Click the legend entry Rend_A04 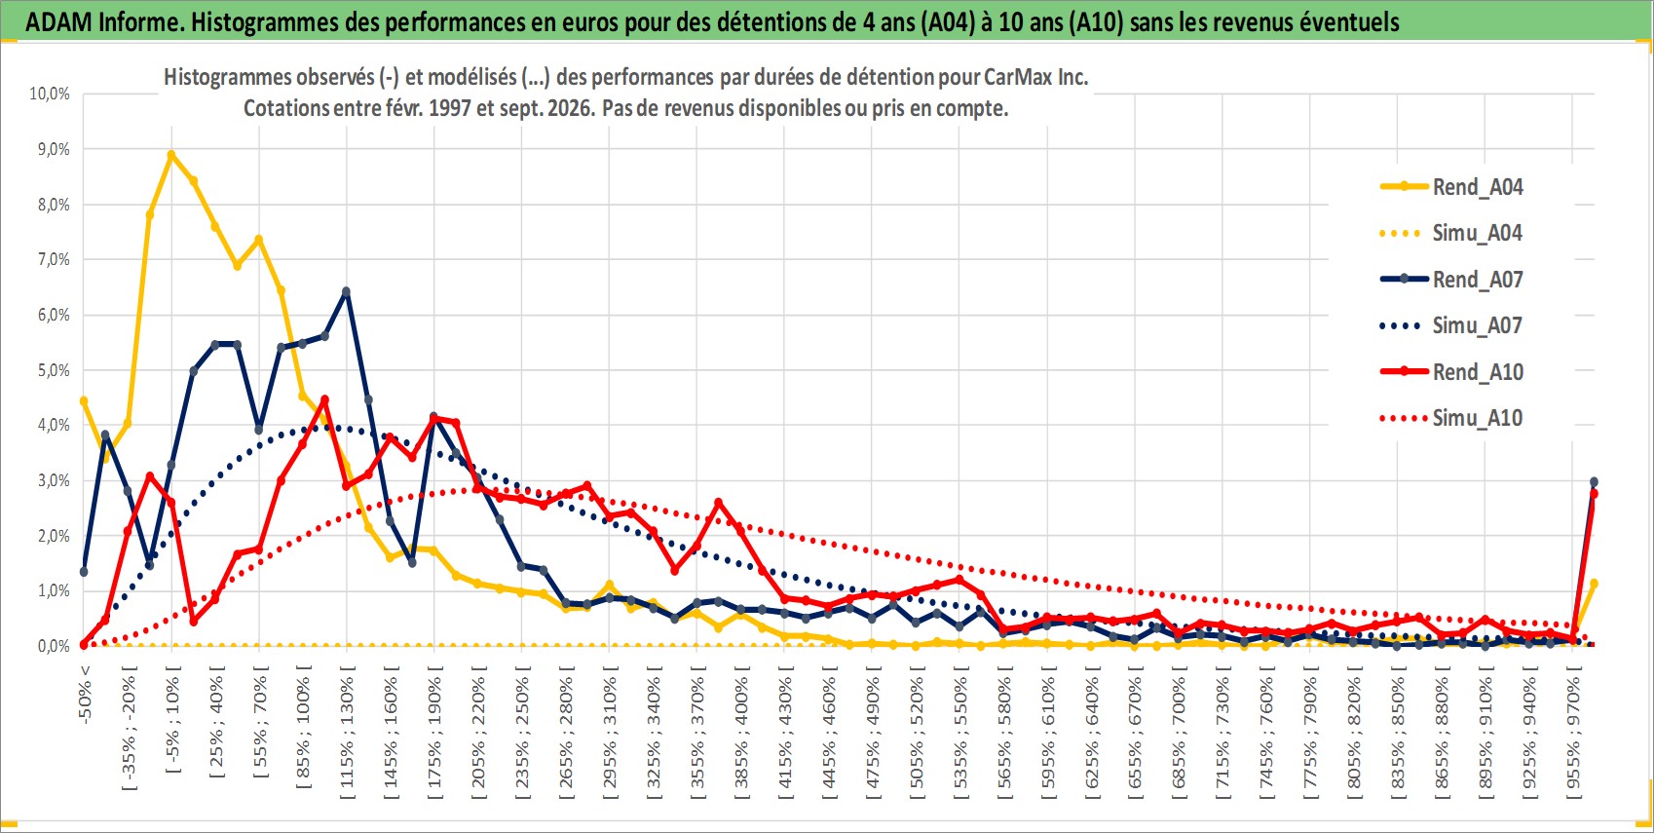pos(1451,187)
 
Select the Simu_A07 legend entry pos(1451,325)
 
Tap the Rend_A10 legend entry pos(1451,371)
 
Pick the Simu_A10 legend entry pos(1451,418)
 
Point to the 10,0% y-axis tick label pos(50,94)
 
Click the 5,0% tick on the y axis pos(54,370)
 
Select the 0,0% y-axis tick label pos(54,646)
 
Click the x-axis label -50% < pos(85,694)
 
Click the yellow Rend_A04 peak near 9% pos(171,155)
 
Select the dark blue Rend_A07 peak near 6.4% pos(347,291)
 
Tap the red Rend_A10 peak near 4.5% pos(324,399)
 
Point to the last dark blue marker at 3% pos(1594,481)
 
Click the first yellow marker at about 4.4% pos(84,401)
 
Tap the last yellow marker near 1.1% pos(1594,584)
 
